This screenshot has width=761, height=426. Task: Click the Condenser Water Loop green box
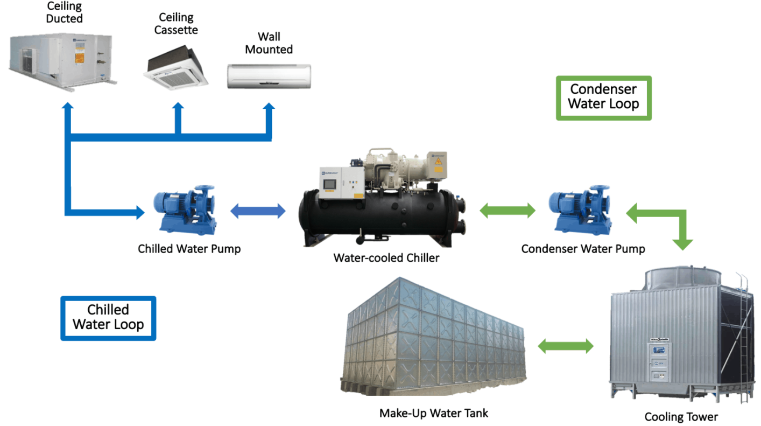pyautogui.click(x=603, y=97)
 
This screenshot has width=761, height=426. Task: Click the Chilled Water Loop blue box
pyautogui.click(x=108, y=318)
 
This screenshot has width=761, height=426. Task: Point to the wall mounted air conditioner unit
pyautogui.click(x=269, y=76)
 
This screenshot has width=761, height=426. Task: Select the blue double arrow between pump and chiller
pyautogui.click(x=258, y=211)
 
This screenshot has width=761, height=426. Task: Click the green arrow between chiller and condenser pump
pyautogui.click(x=507, y=211)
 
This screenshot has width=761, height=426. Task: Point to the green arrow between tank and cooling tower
pyautogui.click(x=566, y=346)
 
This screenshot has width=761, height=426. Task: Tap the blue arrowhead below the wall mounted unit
pyautogui.click(x=268, y=108)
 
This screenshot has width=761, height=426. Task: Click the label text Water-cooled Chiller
pyautogui.click(x=386, y=258)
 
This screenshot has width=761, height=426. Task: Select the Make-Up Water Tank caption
pyautogui.click(x=434, y=413)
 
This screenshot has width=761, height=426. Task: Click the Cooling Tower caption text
pyautogui.click(x=681, y=416)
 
